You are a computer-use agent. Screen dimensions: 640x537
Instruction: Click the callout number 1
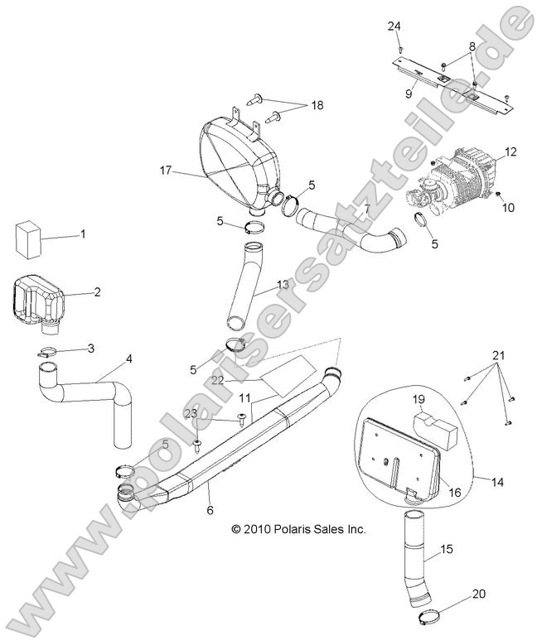pyautogui.click(x=82, y=234)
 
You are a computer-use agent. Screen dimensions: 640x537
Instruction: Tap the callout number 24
pyautogui.click(x=394, y=26)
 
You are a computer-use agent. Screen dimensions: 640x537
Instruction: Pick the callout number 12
pyautogui.click(x=510, y=152)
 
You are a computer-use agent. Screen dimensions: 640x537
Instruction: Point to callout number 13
pyautogui.click(x=282, y=285)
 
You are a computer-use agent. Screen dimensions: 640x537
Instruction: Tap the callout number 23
pyautogui.click(x=191, y=413)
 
